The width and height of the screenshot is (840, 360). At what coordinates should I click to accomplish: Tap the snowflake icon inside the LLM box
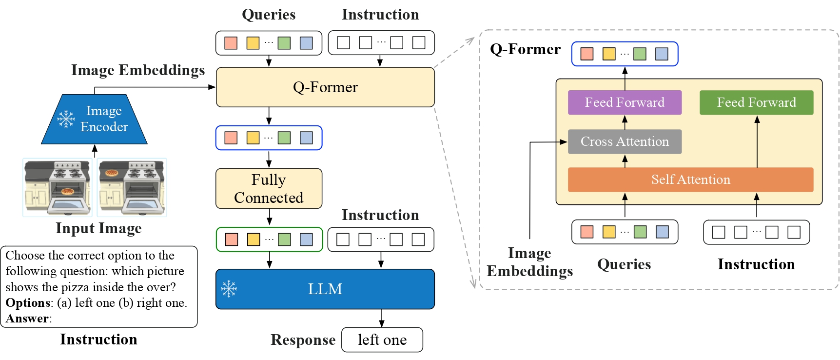[x=229, y=289]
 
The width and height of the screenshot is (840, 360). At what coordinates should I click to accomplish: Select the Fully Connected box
[x=269, y=188]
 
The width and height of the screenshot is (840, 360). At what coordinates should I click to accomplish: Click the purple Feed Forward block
[x=625, y=102]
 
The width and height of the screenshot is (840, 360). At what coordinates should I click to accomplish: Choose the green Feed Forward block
[x=756, y=102]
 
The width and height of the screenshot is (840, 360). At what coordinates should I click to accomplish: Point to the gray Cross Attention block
[x=625, y=141]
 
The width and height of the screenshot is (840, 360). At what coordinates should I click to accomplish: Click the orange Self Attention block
[x=690, y=180]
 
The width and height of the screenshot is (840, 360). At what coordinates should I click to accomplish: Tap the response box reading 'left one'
[x=382, y=340]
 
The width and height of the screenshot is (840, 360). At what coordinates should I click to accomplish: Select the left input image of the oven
[x=58, y=187]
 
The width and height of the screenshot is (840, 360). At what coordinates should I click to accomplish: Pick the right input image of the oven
[x=132, y=187]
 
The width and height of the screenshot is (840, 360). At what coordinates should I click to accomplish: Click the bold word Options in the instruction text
[x=28, y=303]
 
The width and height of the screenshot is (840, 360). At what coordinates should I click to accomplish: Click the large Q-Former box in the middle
[x=325, y=87]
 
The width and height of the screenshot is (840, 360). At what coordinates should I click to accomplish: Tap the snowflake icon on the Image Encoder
[x=66, y=119]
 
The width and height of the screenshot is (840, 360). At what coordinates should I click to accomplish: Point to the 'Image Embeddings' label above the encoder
[x=138, y=70]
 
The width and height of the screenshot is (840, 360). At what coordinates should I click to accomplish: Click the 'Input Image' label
[x=98, y=228]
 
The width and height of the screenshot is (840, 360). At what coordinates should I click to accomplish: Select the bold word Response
[x=303, y=340]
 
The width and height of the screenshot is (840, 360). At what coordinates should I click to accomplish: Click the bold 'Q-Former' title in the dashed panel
[x=525, y=49]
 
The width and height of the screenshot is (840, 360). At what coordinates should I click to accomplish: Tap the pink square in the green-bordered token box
[x=232, y=240]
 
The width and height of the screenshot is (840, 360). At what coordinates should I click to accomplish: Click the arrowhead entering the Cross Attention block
[x=564, y=142]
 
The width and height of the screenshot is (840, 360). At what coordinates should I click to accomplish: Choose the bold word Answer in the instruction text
[x=27, y=319]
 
